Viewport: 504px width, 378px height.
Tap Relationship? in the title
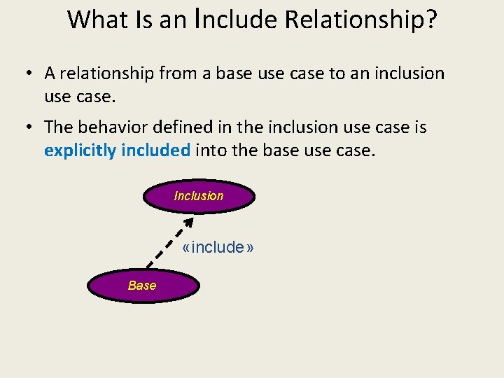click(360, 20)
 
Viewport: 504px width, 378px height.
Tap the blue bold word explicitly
click(80, 150)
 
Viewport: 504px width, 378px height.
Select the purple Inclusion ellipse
click(199, 196)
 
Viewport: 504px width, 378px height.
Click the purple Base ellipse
click(143, 285)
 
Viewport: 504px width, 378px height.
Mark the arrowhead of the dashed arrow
click(188, 223)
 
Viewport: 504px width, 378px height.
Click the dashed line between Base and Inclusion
click(168, 248)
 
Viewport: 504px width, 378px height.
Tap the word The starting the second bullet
click(58, 127)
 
